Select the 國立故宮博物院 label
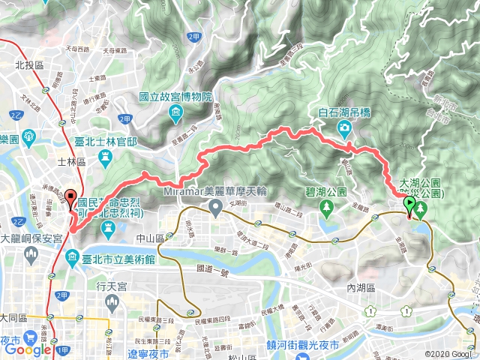[x=176, y=98]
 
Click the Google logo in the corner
[x=26, y=349]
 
